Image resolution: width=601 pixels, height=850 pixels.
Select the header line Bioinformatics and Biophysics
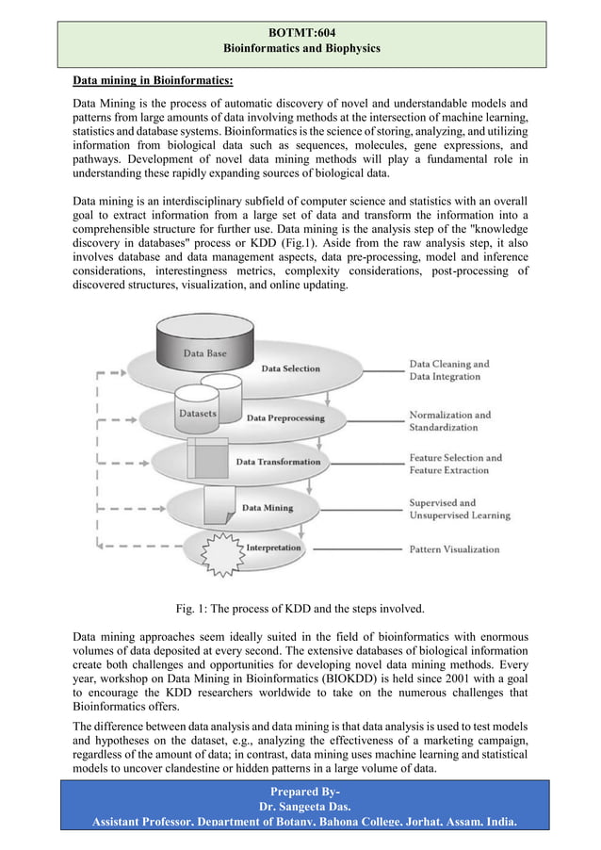click(x=300, y=48)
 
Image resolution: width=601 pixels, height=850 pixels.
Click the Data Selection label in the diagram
click(x=290, y=368)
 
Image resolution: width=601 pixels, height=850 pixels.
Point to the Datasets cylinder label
click(x=197, y=413)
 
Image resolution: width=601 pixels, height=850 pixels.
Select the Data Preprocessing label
click(x=285, y=417)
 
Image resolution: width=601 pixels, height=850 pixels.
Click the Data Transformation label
click(x=278, y=462)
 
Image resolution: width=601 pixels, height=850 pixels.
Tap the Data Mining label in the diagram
click(x=268, y=507)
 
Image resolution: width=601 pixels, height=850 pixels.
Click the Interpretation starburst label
click(x=273, y=548)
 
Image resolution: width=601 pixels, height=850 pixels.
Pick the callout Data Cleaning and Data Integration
click(x=449, y=370)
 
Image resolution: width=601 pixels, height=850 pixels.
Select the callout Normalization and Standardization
click(x=449, y=420)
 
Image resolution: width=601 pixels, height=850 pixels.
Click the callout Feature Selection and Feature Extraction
click(x=455, y=464)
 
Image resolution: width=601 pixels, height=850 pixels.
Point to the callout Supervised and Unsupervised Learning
click(x=459, y=509)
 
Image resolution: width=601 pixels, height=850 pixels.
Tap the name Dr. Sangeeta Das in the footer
click(x=300, y=808)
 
